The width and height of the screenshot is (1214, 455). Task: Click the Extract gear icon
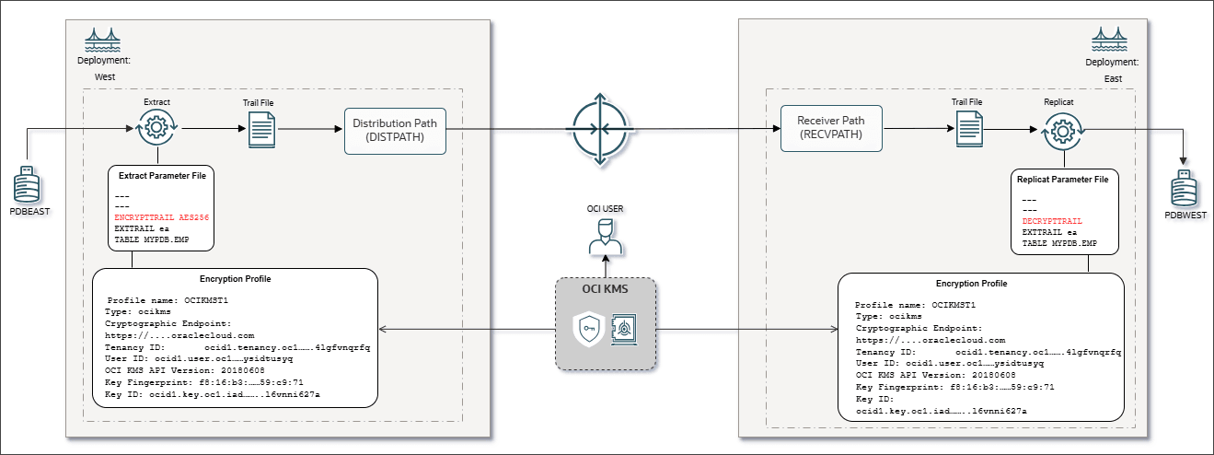(x=156, y=129)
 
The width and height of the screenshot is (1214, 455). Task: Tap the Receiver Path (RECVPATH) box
(x=830, y=128)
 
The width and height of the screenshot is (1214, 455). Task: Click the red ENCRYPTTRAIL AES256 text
(x=160, y=216)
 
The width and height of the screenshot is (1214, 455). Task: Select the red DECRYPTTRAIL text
(x=1051, y=222)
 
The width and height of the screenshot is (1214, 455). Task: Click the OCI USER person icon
(x=605, y=239)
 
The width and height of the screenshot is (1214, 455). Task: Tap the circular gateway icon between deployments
(x=600, y=130)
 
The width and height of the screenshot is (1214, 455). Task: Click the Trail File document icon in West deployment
(x=262, y=130)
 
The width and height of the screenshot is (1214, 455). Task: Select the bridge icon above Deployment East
(x=1110, y=39)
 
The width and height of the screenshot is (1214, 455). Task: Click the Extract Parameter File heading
(x=160, y=174)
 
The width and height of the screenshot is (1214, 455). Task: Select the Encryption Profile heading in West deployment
(x=235, y=278)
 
